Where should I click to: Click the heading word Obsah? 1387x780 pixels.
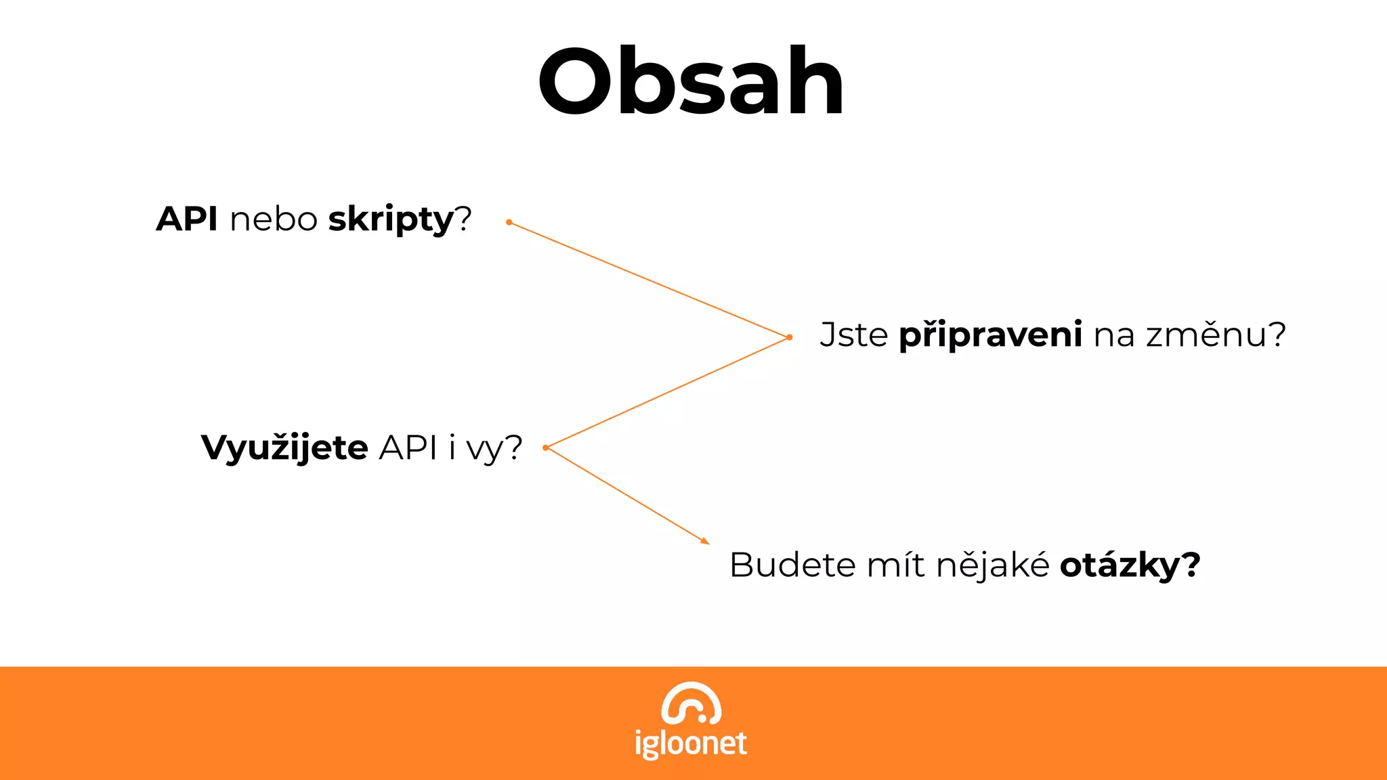coord(691,83)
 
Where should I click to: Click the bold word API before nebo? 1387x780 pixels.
coord(187,219)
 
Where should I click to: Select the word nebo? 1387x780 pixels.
coord(274,219)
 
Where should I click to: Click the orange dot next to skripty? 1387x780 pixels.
coord(509,222)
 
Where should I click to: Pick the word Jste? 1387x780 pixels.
coord(853,334)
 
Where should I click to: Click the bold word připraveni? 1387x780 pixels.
coord(990,336)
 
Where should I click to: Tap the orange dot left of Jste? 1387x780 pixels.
coord(790,337)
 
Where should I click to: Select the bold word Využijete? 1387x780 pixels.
coord(284,448)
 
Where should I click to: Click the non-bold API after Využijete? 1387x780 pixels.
coord(408,448)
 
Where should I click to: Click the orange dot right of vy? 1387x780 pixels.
coord(546,448)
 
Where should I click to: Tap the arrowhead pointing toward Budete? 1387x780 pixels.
coord(705,540)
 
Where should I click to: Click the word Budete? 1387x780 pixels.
coord(792,565)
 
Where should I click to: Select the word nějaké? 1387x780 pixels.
coord(993,565)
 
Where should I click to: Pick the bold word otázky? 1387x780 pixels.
coord(1120,566)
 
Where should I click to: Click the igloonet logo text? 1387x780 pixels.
coord(691,743)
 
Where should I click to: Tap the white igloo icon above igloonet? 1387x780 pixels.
coord(691,703)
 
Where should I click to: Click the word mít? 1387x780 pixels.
coord(895,565)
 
